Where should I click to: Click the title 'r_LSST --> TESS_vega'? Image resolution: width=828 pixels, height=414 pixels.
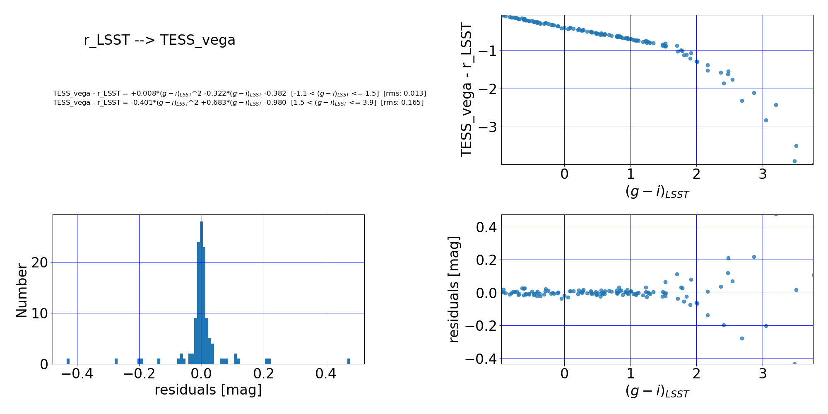point(159,40)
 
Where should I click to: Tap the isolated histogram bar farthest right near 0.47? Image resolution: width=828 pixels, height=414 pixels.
point(349,361)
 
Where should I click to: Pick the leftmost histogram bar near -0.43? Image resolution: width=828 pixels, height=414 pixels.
point(68,361)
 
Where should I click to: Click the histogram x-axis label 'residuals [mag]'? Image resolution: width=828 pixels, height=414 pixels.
point(208,390)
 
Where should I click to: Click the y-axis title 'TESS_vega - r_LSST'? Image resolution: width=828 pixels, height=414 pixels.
point(467,90)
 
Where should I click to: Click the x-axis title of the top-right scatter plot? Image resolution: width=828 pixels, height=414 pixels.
point(657,192)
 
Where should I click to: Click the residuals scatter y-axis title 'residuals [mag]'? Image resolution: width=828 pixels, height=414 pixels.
point(455,289)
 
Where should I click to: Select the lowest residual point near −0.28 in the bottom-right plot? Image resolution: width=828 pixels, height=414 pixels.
point(742,338)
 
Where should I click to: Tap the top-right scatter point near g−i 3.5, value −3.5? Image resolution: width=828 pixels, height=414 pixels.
point(796,146)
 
